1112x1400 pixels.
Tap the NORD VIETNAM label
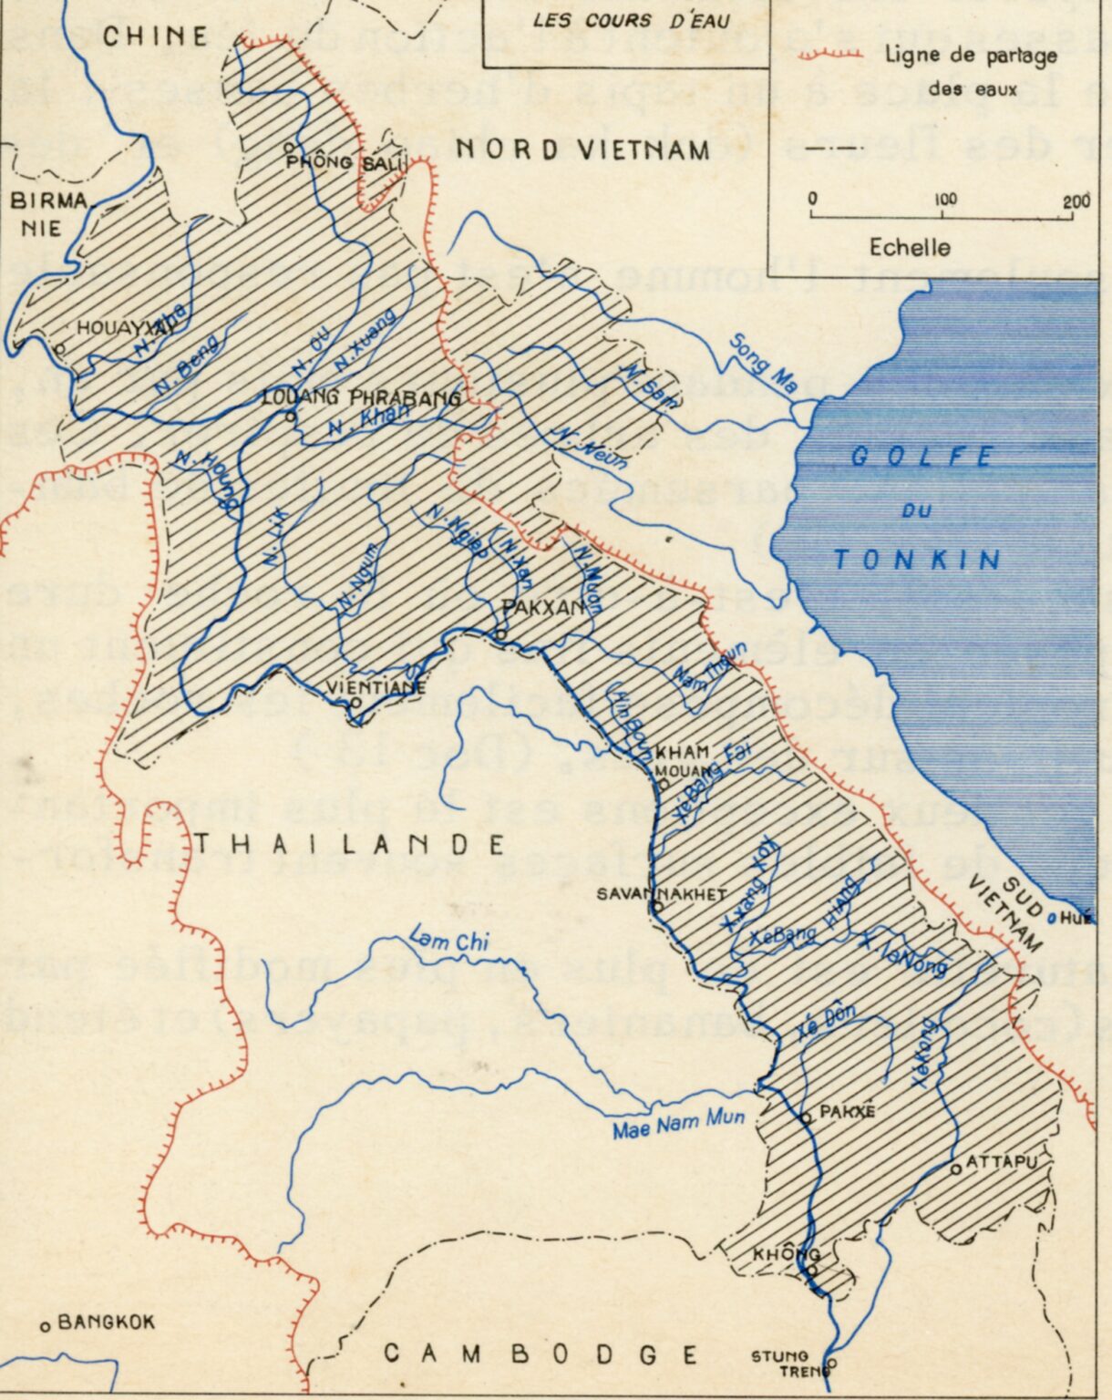click(582, 149)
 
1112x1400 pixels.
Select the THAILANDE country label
click(349, 845)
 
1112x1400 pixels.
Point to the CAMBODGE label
click(541, 1354)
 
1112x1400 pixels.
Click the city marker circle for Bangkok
click(45, 1326)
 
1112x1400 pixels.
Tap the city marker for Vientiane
click(355, 703)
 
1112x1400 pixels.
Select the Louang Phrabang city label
click(361, 397)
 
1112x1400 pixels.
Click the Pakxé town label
click(847, 1112)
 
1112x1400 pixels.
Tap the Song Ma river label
click(764, 364)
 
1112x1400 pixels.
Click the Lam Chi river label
click(448, 938)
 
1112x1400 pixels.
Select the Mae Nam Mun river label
click(678, 1124)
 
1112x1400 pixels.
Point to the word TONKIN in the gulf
click(917, 559)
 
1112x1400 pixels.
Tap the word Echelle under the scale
click(909, 247)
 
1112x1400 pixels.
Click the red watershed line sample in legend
click(830, 56)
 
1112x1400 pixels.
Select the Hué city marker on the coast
click(1053, 919)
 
